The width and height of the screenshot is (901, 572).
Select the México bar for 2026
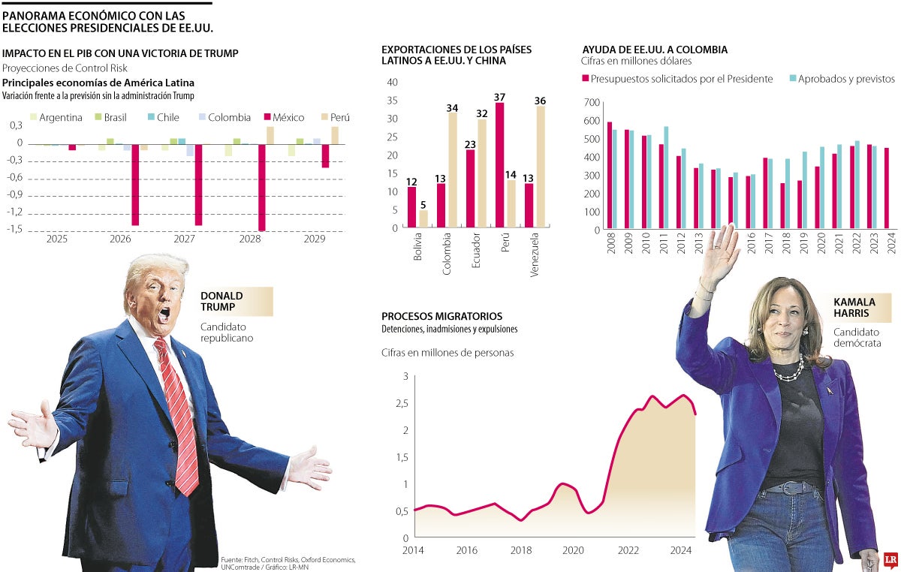tap(135, 184)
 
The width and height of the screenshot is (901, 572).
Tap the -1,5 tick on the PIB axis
tap(15, 230)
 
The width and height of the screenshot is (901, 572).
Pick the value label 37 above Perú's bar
tap(500, 98)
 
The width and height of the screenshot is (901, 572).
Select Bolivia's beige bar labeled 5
tap(423, 218)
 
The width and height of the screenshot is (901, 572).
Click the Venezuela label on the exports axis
tap(535, 256)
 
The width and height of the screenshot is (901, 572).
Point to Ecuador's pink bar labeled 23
tap(471, 188)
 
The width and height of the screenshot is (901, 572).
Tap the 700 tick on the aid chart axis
tap(592, 102)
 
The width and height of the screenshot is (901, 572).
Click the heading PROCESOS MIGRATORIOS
tap(441, 317)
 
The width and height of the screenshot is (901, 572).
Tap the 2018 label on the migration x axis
tap(521, 550)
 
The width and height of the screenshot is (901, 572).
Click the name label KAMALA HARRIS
tap(854, 307)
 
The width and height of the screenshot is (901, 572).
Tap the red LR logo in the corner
tap(891, 559)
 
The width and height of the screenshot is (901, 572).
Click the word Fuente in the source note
tap(231, 560)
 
